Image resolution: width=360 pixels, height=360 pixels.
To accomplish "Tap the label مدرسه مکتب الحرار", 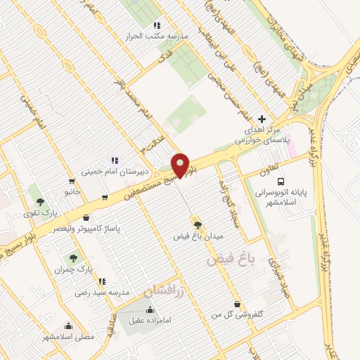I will (x=139, y=35).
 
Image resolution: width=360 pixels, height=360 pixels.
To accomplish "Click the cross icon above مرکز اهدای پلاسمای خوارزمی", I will (x=262, y=120).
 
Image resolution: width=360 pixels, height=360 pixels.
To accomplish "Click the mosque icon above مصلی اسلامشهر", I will (x=68, y=326).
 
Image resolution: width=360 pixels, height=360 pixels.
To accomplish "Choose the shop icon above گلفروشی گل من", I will (x=238, y=304).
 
